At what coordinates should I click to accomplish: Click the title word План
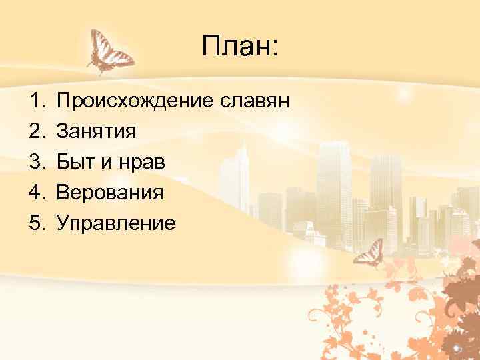coord(235,48)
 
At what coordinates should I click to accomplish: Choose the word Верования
coord(110,192)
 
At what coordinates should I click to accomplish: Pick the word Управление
coord(116,223)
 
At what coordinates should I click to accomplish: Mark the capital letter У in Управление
coord(64,222)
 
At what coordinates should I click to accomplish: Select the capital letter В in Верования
coord(64,192)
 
